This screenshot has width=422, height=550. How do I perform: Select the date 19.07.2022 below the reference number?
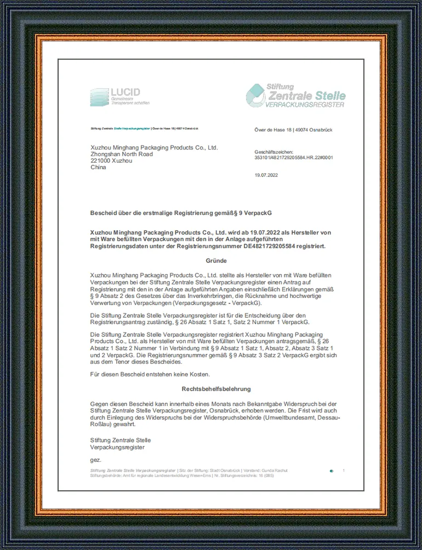coord(267,175)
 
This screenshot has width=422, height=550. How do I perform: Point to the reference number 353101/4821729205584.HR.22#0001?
coord(294,157)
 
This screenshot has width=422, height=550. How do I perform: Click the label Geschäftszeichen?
coord(274,152)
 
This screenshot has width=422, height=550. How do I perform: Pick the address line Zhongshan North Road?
coord(122,154)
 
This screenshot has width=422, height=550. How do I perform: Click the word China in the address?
coord(98,168)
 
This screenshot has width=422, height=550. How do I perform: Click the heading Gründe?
coord(216,261)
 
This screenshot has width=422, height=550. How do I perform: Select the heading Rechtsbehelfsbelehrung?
coord(216,389)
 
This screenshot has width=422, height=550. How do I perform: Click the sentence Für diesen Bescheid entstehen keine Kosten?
coord(150,374)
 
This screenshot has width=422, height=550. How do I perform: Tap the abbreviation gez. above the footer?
coord(96,460)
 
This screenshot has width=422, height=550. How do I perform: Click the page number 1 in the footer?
coord(344,471)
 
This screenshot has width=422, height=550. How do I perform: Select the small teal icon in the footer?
coord(331,471)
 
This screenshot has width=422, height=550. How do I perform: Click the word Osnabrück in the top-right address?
coord(317,130)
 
